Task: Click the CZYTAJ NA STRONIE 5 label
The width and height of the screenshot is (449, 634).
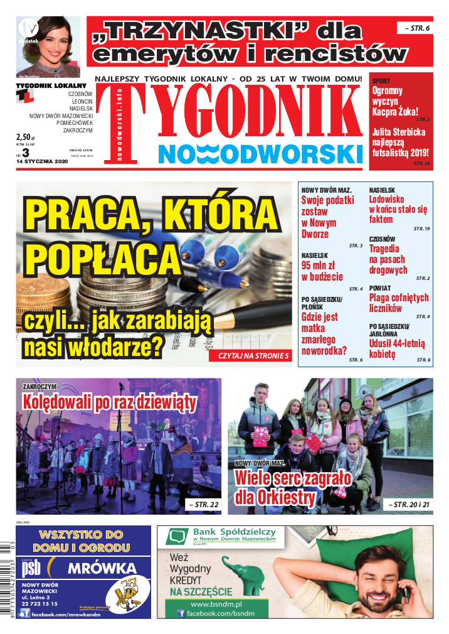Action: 253,356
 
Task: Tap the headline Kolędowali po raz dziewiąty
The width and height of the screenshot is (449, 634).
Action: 109,401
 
